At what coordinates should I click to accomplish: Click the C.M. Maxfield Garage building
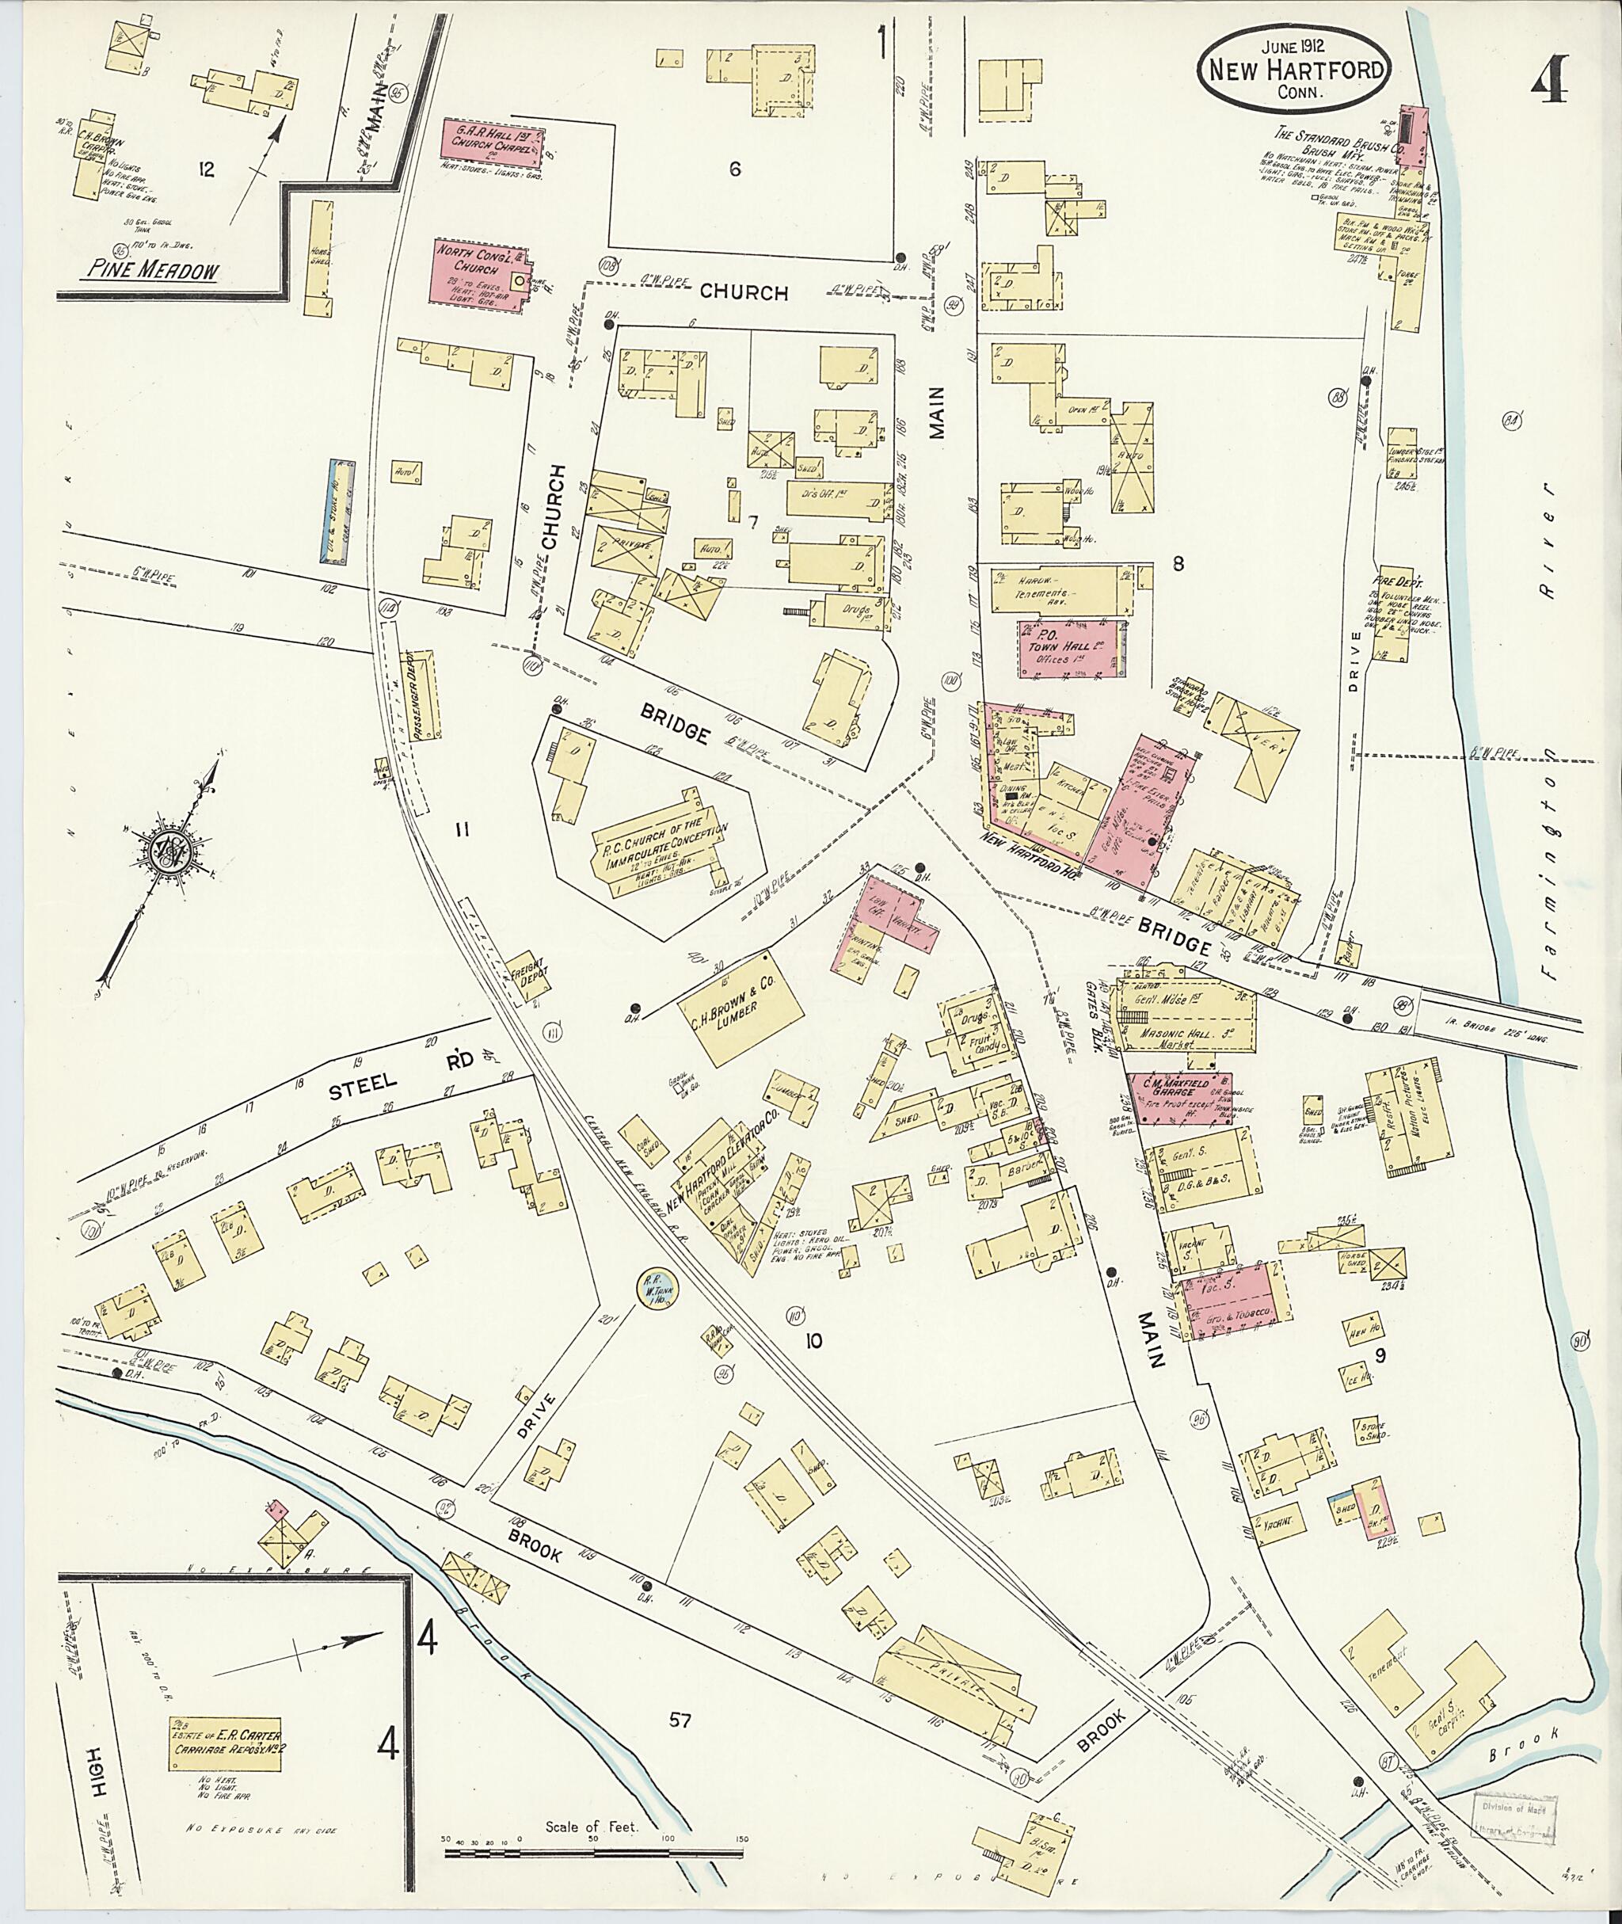(1181, 1095)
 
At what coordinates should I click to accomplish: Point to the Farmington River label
(1552, 699)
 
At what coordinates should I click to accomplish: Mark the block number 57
(680, 1720)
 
